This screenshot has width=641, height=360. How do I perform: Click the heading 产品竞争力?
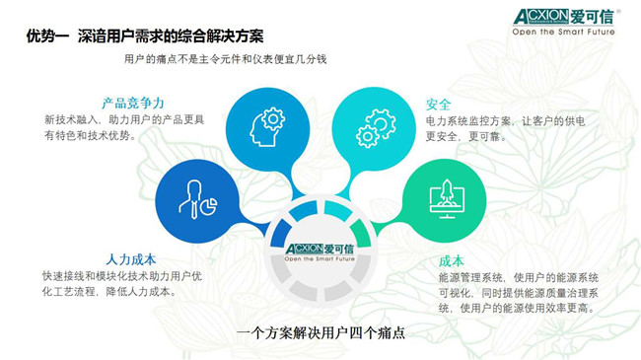[133, 104]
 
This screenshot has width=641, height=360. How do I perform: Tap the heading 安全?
[438, 105]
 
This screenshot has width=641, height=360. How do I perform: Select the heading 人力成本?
[131, 259]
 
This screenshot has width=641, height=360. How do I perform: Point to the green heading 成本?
[452, 261]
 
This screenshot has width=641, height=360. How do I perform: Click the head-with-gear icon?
[267, 127]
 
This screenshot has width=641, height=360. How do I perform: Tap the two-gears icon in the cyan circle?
[376, 128]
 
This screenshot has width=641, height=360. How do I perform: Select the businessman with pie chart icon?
[198, 199]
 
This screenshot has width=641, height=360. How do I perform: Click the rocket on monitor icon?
[447, 199]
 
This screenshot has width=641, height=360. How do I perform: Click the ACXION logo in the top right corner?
[564, 17]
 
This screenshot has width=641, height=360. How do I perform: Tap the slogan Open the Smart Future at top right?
[563, 32]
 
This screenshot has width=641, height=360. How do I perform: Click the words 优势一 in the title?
[47, 36]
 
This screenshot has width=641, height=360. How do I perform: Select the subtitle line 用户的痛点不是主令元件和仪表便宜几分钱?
[225, 59]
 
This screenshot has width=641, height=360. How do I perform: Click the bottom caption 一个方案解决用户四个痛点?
[320, 332]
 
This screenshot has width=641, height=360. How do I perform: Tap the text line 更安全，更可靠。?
[466, 136]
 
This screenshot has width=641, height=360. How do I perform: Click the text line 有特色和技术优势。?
[91, 135]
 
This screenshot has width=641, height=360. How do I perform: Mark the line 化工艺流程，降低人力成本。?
[109, 291]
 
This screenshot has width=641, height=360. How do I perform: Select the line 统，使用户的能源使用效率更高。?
[517, 308]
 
